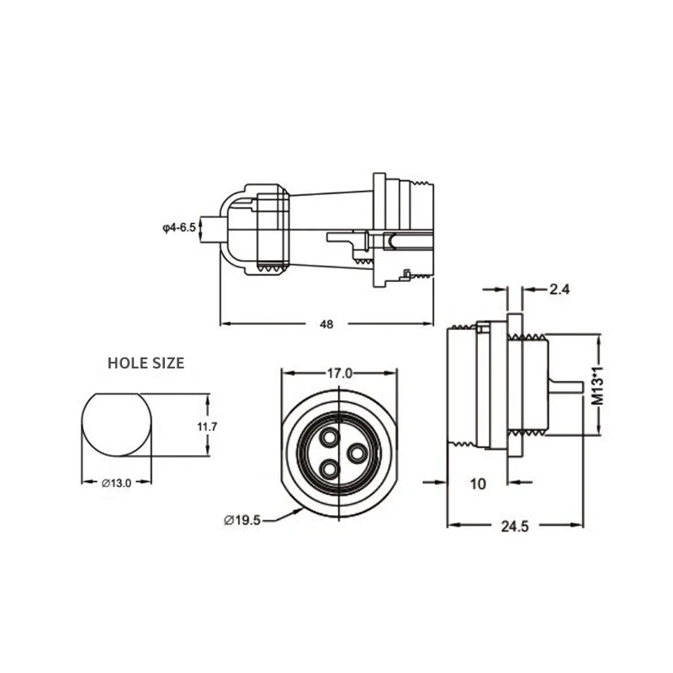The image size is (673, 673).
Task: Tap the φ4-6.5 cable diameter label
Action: pyautogui.click(x=178, y=227)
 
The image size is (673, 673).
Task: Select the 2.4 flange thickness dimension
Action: pyautogui.click(x=559, y=289)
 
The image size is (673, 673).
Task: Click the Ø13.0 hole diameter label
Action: pyautogui.click(x=117, y=483)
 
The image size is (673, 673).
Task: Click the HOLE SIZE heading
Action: pyautogui.click(x=146, y=363)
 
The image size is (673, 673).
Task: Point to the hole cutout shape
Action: pyautogui.click(x=117, y=426)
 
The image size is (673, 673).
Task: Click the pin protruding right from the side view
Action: pyautogui.click(x=564, y=386)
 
